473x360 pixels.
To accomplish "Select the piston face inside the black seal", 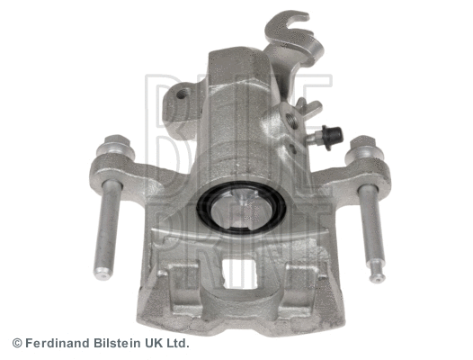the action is (240, 210).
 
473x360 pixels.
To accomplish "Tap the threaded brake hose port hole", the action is (290, 119).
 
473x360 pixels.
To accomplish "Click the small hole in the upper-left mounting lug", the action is (183, 94).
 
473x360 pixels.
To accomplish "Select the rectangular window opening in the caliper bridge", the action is (240, 274).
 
